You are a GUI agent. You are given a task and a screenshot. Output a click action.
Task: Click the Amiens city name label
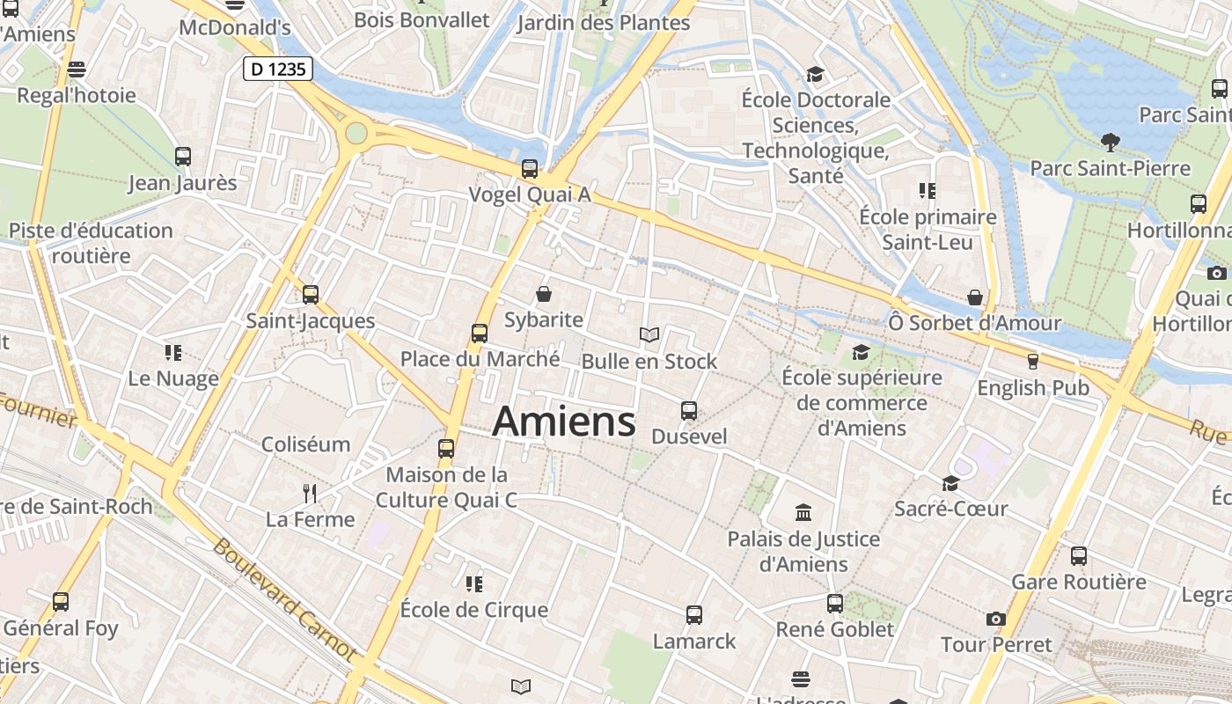[564, 422]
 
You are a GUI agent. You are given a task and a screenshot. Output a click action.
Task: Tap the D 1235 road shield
[278, 69]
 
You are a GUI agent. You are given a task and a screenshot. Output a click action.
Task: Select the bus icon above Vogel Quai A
[530, 169]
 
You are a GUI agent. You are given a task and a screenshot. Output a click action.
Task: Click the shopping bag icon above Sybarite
[544, 294]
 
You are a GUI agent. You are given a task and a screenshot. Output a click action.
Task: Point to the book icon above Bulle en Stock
[649, 334]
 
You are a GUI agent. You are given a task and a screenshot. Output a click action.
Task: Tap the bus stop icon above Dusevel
[689, 411]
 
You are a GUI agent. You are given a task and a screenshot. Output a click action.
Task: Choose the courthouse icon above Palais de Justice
[803, 512]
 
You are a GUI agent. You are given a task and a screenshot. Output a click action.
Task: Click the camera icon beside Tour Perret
[996, 620]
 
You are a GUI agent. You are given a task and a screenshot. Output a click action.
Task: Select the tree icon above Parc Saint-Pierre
[1111, 142]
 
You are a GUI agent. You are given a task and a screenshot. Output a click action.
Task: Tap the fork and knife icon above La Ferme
[310, 493]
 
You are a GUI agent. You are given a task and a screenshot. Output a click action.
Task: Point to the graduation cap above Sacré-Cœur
[950, 483]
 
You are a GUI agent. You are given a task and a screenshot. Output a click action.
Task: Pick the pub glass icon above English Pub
[1033, 361]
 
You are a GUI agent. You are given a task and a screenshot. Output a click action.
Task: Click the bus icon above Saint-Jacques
[311, 295]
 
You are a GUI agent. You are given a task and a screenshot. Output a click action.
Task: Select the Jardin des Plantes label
[604, 23]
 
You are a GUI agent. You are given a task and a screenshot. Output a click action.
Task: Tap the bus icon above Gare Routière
[1079, 556]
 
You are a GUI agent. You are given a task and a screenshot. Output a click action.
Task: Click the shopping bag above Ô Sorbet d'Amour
[975, 297]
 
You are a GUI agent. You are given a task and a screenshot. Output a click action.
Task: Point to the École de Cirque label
[473, 610]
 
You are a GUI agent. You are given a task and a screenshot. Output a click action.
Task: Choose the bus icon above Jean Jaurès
[183, 157]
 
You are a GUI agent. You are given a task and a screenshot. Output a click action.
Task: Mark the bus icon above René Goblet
[835, 604]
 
